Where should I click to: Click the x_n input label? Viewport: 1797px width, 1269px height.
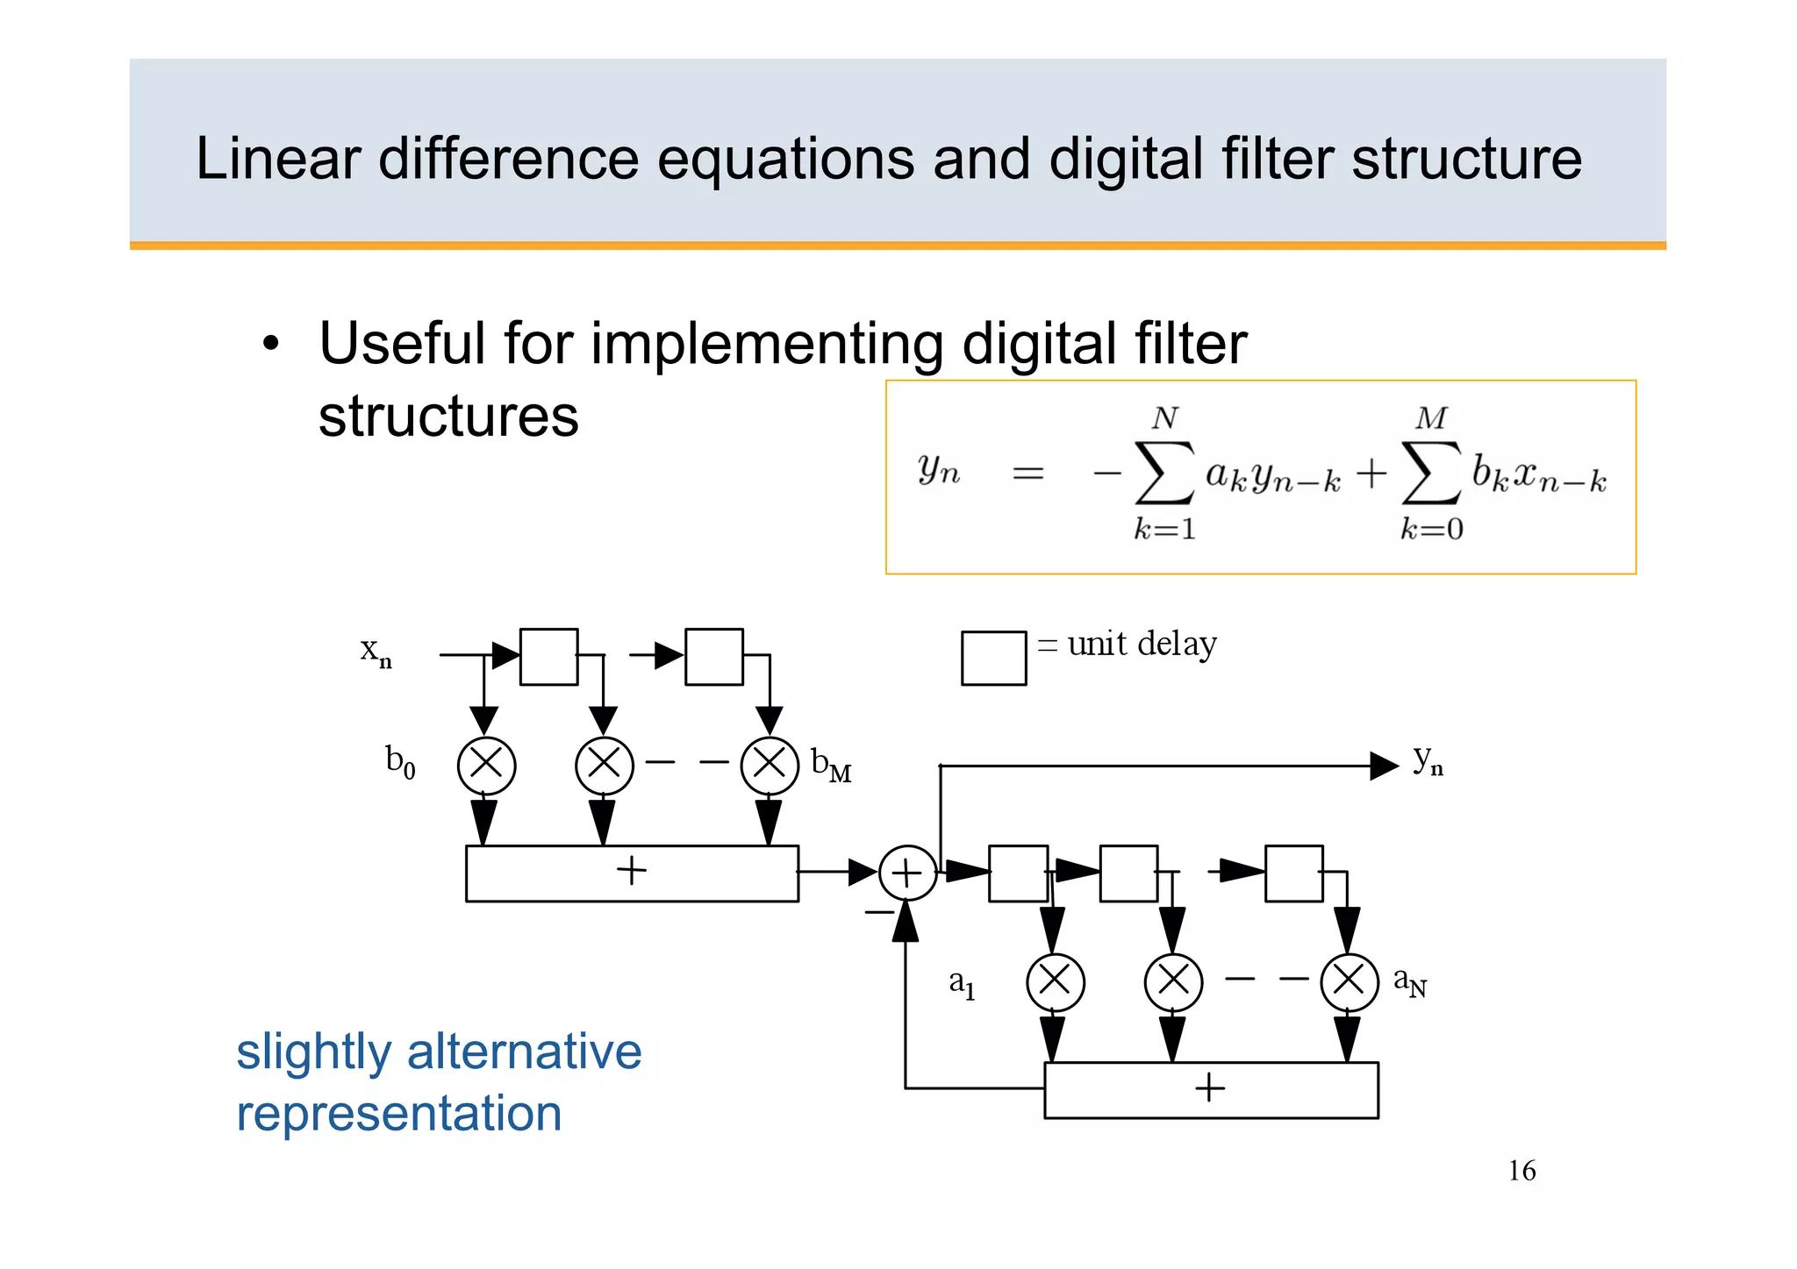point(376,652)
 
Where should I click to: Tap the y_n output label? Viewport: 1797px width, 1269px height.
point(1428,761)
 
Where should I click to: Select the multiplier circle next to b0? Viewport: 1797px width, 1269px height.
point(486,766)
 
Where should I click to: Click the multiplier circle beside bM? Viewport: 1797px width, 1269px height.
point(770,766)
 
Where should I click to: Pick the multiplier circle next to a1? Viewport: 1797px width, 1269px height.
point(1055,982)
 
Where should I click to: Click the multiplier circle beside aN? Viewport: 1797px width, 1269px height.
point(1349,982)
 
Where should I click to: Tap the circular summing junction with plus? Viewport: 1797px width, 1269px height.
point(907,873)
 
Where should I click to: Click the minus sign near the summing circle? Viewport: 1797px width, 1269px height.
point(878,913)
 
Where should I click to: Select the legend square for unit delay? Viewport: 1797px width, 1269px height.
point(993,658)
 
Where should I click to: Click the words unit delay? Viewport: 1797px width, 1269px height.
point(1142,645)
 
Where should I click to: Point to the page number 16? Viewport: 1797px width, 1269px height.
point(1521,1171)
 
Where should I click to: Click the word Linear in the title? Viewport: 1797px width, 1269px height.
point(277,160)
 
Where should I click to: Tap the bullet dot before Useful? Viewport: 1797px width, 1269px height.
point(271,344)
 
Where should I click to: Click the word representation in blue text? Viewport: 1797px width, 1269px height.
point(399,1114)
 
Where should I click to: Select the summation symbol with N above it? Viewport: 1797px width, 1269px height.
point(1164,474)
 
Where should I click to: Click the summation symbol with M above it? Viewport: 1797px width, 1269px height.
point(1431,474)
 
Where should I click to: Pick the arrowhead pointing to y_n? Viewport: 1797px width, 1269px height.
point(1384,766)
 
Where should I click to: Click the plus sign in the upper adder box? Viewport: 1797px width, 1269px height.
point(631,871)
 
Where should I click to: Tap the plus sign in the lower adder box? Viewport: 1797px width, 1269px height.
point(1209,1088)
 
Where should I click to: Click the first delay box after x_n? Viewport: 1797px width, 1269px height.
point(548,656)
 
